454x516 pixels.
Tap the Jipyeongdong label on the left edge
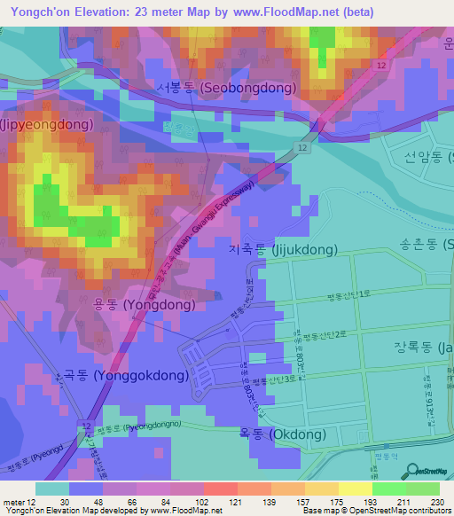pyautogui.click(x=46, y=125)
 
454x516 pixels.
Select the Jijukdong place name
pyautogui.click(x=283, y=251)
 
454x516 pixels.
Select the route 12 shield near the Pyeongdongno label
pyautogui.click(x=84, y=427)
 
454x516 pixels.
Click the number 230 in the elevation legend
pyautogui.click(x=437, y=501)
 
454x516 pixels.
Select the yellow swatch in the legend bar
pyautogui.click(x=355, y=489)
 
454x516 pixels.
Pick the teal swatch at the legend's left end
pyautogui.click(x=52, y=489)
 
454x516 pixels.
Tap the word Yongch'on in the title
pyautogui.click(x=41, y=12)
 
